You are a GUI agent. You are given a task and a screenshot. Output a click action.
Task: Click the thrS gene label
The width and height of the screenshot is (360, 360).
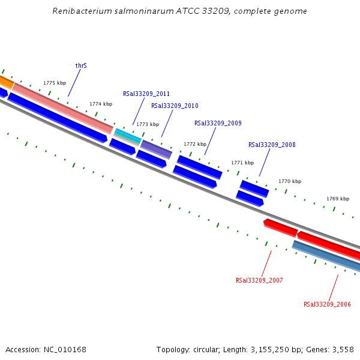(81, 65)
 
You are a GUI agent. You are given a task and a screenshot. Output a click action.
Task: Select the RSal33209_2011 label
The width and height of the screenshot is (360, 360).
(146, 94)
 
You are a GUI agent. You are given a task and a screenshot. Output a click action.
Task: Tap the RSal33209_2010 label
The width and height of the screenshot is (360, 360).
(175, 106)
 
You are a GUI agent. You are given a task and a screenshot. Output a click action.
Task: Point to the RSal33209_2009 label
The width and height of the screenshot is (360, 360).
(218, 124)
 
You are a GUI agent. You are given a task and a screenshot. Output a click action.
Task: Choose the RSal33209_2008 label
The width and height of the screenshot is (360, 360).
(272, 145)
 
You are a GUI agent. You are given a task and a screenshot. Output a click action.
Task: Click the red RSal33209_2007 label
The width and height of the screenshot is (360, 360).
(259, 280)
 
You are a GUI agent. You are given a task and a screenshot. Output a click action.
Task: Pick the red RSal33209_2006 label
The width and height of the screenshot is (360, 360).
(327, 304)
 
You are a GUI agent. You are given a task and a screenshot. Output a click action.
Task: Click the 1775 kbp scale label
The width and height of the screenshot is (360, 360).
(55, 83)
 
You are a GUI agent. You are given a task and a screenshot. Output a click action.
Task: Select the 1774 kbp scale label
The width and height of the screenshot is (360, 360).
(101, 104)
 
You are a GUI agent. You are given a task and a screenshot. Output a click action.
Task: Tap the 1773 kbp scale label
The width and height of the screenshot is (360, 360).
(148, 124)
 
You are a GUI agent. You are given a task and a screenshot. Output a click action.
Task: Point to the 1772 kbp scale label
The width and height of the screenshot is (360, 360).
(195, 144)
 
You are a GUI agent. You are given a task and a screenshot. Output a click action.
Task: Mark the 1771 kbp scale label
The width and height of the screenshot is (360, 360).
(242, 163)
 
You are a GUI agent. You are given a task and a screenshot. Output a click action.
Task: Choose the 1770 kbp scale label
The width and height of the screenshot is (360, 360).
(290, 181)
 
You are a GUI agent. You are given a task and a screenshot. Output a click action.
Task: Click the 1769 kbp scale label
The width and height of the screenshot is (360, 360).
(338, 199)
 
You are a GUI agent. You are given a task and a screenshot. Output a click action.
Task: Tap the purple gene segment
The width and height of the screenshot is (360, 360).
(156, 149)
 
